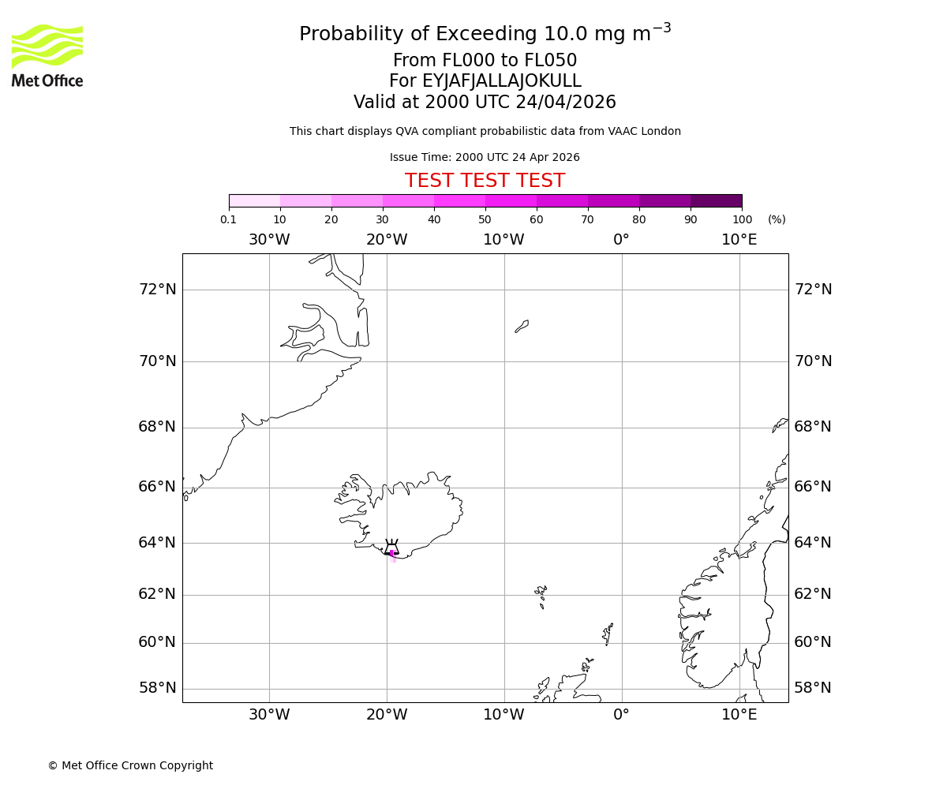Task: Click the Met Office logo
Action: coord(47,55)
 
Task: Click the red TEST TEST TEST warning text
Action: coord(485,181)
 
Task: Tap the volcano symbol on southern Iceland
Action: coord(391,548)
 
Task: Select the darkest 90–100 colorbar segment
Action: coord(716,200)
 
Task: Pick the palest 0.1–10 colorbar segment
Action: coord(254,200)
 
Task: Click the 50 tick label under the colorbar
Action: coord(485,219)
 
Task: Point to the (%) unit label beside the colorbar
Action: coord(777,219)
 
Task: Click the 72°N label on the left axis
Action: coord(158,290)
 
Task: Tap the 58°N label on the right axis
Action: coord(813,688)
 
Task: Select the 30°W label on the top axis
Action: coord(269,240)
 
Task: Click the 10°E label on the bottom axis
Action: coord(739,715)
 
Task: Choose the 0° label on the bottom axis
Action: coord(622,715)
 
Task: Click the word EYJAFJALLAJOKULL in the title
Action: coord(502,81)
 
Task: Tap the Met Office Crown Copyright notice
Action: coord(130,765)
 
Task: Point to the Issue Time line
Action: coord(485,157)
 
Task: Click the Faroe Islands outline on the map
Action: coord(541,593)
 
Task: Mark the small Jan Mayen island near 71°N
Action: coord(522,326)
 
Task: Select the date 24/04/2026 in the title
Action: coord(566,103)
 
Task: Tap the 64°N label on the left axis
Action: coord(158,543)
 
